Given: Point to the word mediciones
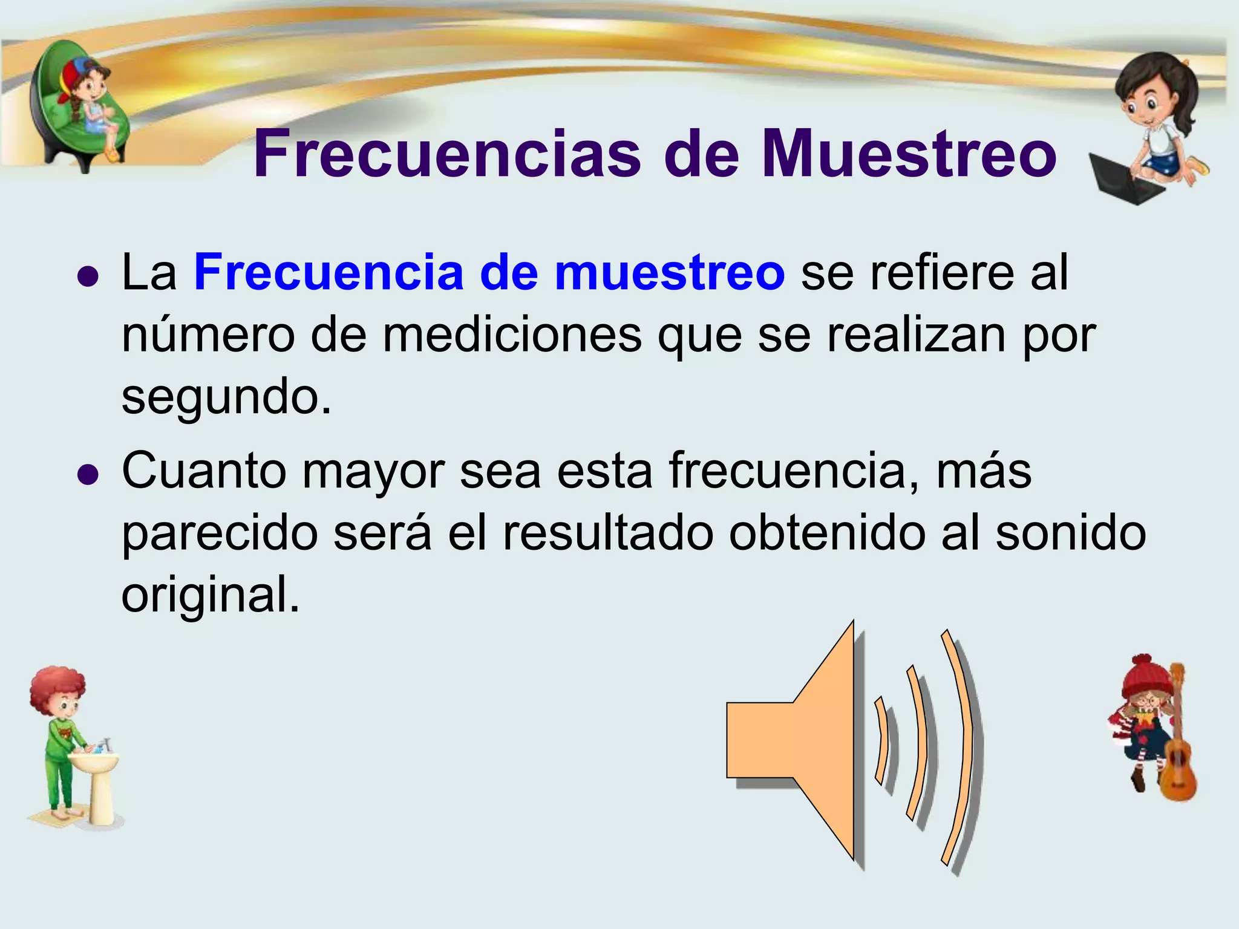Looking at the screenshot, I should click(x=512, y=336).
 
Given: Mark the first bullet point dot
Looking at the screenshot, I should click(x=88, y=277).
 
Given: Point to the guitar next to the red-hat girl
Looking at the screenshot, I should click(x=1177, y=756).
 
